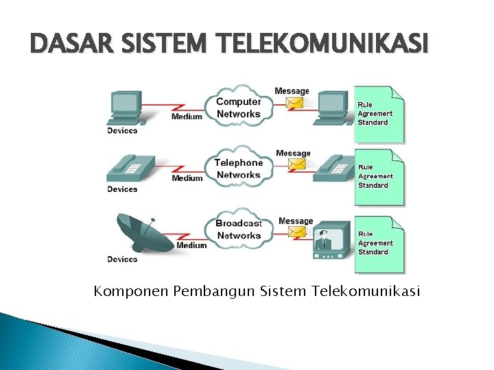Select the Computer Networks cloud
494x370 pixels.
238,107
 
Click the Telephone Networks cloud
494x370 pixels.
238,168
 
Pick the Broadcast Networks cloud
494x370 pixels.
238,229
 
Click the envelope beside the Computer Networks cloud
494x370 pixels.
295,103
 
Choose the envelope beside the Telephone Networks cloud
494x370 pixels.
296,164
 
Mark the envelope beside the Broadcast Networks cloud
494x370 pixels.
296,232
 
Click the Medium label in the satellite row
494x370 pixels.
192,245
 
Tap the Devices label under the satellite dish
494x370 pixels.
122,259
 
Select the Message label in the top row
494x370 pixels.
292,90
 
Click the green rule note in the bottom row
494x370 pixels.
379,245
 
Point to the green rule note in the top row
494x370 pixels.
379,114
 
